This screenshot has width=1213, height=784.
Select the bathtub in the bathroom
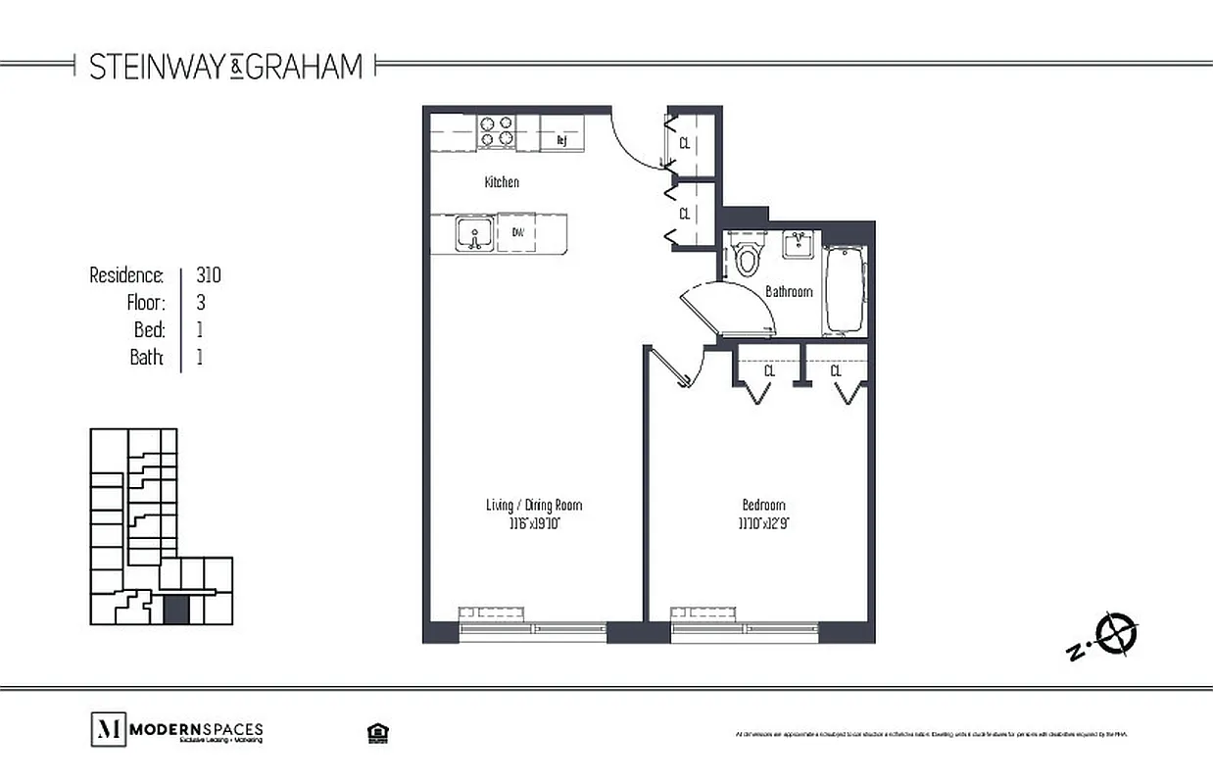click(844, 289)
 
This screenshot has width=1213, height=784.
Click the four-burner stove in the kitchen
click(497, 131)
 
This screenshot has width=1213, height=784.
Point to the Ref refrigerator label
click(561, 140)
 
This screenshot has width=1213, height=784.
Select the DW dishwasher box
click(516, 233)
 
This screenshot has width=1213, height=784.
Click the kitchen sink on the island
click(475, 234)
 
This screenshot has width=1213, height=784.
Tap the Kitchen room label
click(502, 182)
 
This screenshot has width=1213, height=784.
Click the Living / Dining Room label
click(534, 506)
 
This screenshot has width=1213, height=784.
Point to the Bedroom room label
click(764, 506)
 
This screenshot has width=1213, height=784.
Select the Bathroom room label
click(789, 291)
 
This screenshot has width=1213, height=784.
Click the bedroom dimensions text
click(764, 523)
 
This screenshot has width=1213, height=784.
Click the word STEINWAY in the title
click(159, 67)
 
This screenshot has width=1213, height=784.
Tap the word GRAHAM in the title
click(305, 67)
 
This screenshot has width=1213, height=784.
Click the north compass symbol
click(1116, 633)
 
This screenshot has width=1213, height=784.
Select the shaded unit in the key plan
click(175, 609)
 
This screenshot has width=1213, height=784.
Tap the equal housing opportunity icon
click(374, 732)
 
